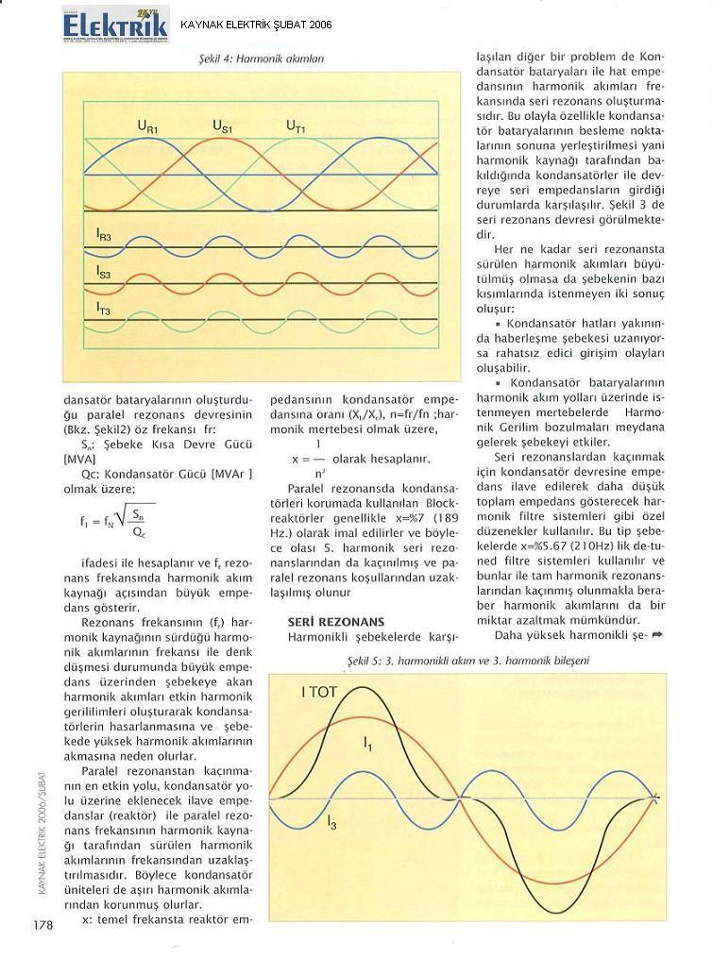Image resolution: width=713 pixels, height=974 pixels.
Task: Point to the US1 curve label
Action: (222, 126)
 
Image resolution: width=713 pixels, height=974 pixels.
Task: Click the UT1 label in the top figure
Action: (296, 126)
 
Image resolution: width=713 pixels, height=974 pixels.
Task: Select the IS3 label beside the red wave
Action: (104, 271)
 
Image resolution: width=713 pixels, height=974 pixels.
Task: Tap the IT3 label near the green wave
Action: (104, 308)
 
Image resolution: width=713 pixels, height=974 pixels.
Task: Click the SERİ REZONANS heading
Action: (335, 622)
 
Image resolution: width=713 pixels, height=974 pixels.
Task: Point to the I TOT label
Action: (318, 692)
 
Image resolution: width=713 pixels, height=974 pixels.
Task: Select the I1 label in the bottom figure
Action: (367, 744)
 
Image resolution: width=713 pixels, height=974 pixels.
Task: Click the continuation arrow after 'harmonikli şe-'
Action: (656, 635)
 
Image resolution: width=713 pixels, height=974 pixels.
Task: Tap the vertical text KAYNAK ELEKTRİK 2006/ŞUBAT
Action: (42, 820)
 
